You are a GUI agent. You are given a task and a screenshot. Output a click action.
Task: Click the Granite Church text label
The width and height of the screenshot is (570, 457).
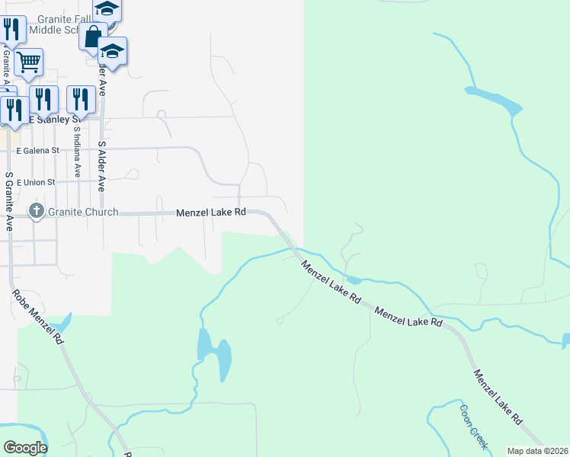[x=85, y=212]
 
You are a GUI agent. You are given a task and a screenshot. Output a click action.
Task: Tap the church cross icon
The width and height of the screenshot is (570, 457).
[x=36, y=211]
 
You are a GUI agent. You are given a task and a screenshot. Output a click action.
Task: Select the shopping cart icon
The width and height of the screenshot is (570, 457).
[x=28, y=62]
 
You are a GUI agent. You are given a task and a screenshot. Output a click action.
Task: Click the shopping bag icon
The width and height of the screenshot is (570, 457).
[x=92, y=37]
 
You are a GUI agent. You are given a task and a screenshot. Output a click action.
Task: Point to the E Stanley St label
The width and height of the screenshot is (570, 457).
[x=53, y=120]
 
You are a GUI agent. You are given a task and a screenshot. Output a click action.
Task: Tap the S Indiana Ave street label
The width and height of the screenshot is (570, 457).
[x=76, y=152]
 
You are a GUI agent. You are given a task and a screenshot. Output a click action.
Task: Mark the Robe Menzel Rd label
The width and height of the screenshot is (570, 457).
[x=37, y=317]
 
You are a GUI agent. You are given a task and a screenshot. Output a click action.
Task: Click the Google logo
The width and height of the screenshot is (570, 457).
[x=25, y=448]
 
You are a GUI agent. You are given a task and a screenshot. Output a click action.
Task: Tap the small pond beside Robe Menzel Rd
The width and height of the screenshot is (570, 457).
[x=62, y=323]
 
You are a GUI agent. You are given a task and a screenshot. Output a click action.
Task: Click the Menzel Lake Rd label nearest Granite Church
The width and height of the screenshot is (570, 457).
[x=211, y=213]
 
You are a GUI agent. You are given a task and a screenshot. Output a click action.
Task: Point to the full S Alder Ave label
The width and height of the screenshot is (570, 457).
[x=101, y=166]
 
